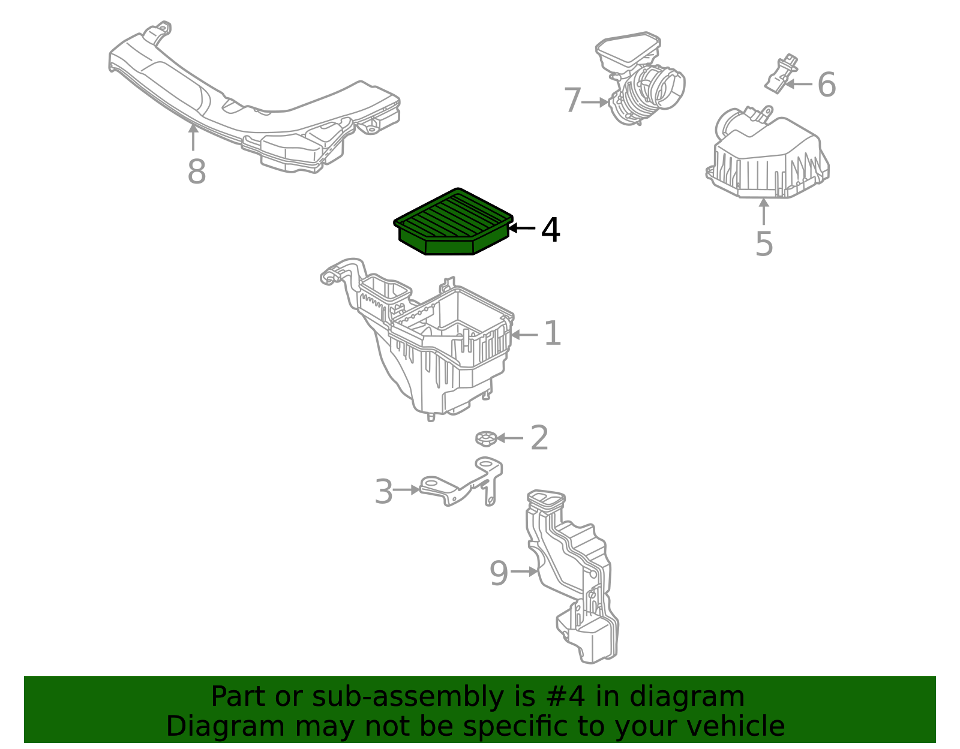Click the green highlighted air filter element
(453, 222)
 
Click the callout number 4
(550, 230)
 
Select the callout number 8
(197, 172)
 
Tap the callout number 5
(764, 244)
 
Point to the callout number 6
(827, 85)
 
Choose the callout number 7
(572, 100)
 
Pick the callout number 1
(552, 333)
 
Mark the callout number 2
(539, 438)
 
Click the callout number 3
(383, 492)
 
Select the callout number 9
(499, 573)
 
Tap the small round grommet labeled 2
(486, 439)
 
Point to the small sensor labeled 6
(781, 74)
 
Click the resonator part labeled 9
(572, 576)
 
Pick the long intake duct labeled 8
(254, 97)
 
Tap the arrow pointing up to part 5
(763, 212)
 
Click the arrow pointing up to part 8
(193, 137)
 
